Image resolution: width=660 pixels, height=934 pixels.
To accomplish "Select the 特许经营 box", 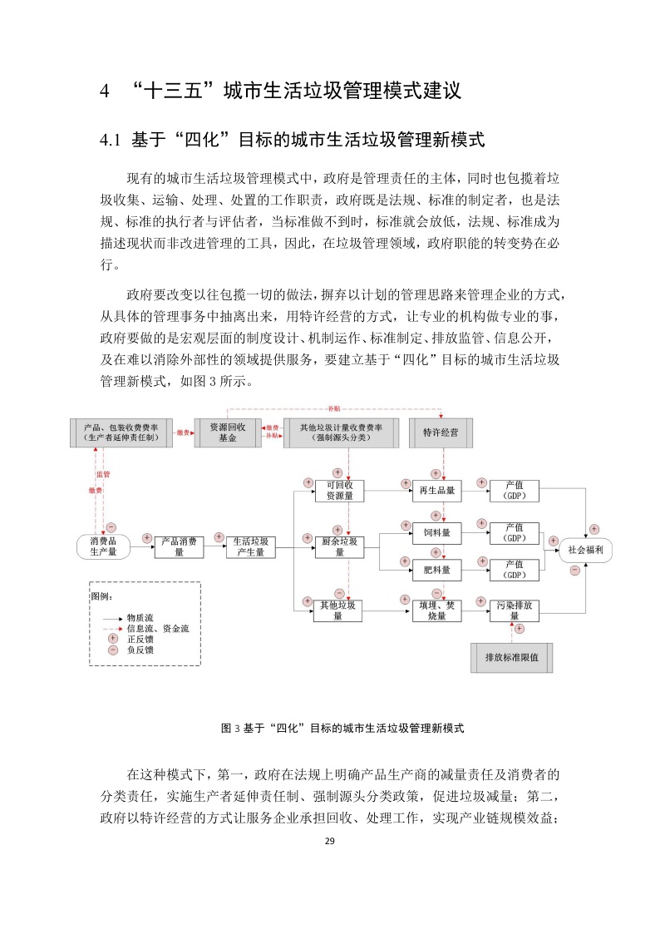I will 441,432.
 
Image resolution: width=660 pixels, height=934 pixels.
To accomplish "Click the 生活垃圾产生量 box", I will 250,546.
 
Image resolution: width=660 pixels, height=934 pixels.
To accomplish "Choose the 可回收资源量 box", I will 339,490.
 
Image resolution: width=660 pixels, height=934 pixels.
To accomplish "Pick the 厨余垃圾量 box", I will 339,546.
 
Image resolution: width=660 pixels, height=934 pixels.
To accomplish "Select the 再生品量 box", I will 436,490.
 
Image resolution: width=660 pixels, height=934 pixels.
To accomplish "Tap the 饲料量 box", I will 436,532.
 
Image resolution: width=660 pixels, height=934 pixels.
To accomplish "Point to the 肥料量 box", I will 436,570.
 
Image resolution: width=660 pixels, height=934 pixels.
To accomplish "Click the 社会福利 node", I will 585,549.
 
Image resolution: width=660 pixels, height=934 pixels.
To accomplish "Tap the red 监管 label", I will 104,474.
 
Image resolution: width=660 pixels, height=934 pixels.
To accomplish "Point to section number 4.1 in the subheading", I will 111,140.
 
